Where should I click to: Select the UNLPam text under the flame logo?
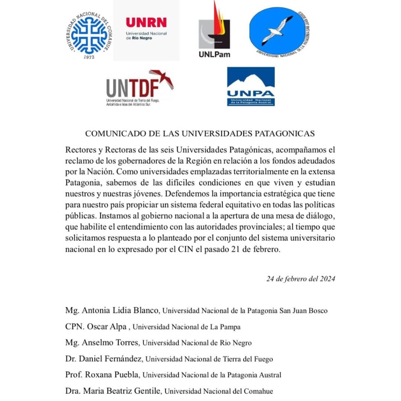[214, 54]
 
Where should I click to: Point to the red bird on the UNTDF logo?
[161, 78]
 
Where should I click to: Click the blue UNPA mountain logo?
[251, 86]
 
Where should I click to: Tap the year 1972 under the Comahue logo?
[90, 57]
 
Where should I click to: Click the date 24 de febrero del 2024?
[301, 279]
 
